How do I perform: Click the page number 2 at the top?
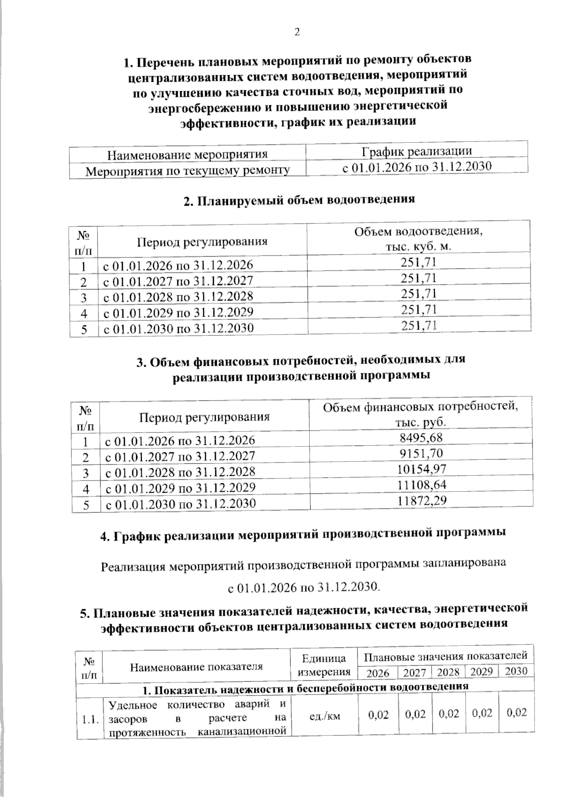[296, 32]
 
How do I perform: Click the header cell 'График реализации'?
[417, 151]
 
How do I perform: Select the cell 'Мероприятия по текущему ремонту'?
[187, 170]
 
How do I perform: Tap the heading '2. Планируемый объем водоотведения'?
[299, 200]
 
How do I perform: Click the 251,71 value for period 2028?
[418, 294]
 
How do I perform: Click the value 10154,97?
[421, 469]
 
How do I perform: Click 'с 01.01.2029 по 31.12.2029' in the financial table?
[181, 488]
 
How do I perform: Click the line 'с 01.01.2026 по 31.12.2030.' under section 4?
[304, 587]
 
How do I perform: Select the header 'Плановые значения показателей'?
[445, 656]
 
